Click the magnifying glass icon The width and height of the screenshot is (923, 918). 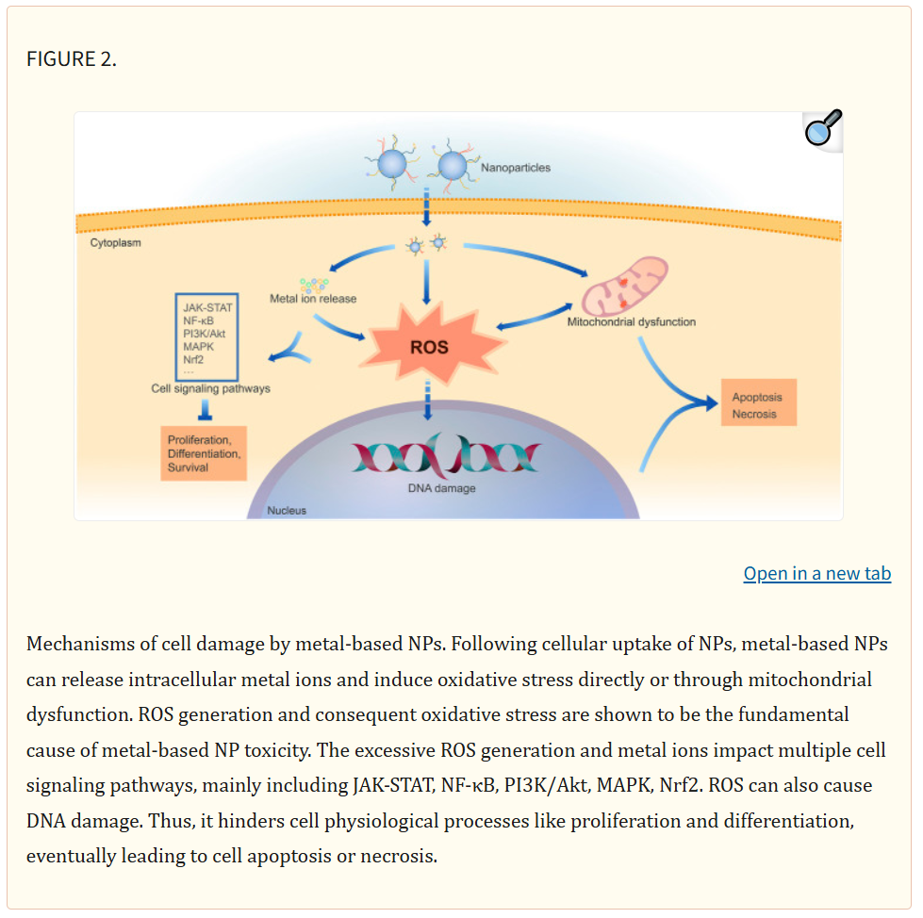pos(822,128)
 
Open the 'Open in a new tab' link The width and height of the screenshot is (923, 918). pos(816,573)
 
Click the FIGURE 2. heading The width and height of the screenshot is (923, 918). pos(72,58)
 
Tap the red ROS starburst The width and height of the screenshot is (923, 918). pos(428,346)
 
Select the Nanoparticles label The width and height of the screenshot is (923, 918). pos(516,168)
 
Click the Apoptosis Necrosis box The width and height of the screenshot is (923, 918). pos(757,404)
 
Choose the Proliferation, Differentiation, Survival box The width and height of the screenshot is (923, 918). pos(204,453)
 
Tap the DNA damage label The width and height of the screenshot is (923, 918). pos(441,488)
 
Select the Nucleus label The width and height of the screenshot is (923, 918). pos(286,511)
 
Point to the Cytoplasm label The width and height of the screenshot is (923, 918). pos(115,242)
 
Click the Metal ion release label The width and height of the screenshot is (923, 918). pos(313,299)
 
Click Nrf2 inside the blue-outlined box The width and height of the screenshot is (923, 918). pos(194,359)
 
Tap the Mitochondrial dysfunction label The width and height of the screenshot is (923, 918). pos(631,322)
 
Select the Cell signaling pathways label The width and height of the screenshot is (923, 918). pos(210,387)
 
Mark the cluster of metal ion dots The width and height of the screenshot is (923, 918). pos(313,284)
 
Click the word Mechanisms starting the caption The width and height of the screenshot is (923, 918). pos(78,644)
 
